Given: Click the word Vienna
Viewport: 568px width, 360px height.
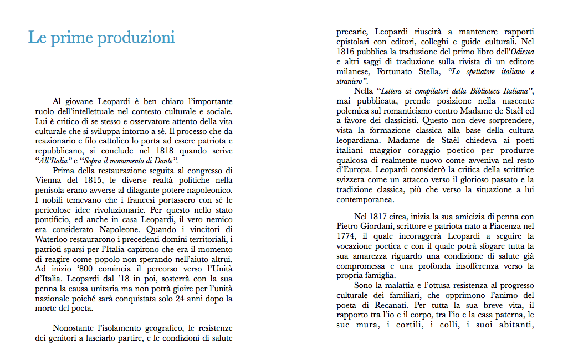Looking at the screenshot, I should click(x=49, y=181).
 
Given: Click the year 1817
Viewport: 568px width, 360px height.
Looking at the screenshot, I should click(x=379, y=216).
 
